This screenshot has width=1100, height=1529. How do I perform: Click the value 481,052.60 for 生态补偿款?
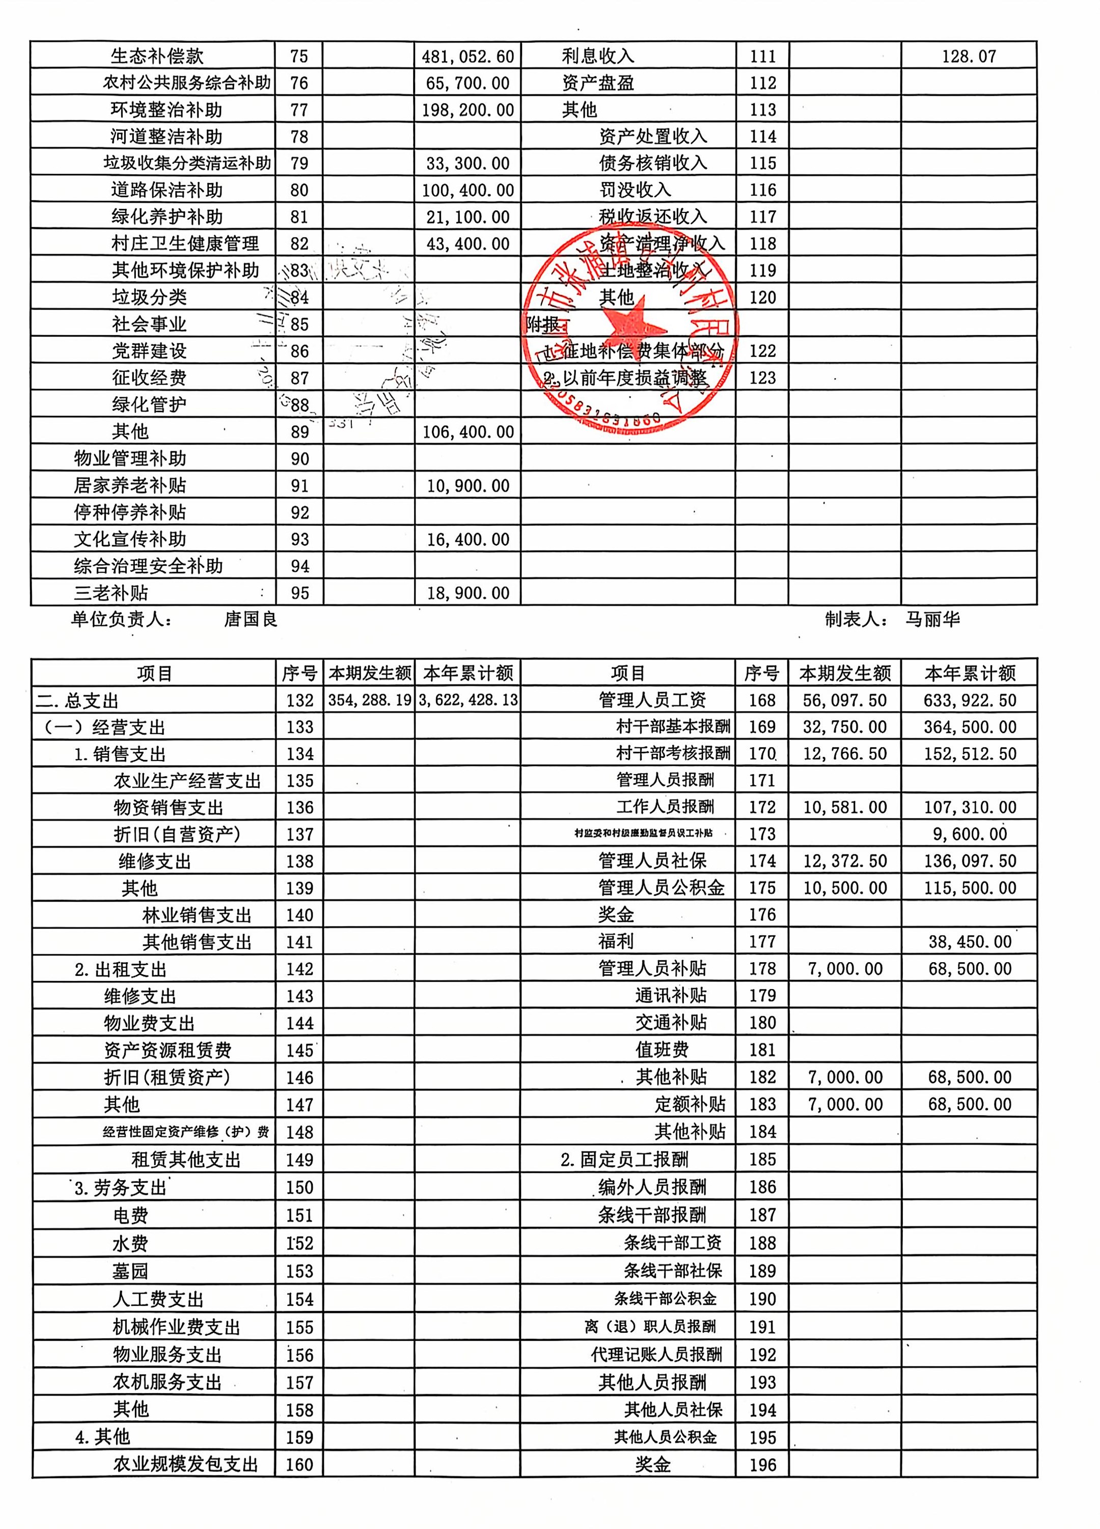click(x=468, y=57)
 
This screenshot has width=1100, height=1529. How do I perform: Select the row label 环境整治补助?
click(x=167, y=110)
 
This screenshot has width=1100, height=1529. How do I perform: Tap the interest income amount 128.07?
click(x=969, y=57)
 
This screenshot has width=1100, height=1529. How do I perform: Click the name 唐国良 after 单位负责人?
click(x=251, y=619)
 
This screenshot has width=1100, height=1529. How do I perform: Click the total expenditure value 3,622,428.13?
click(x=468, y=700)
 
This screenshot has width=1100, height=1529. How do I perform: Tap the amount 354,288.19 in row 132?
click(x=369, y=700)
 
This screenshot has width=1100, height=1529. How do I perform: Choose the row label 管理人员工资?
click(x=652, y=700)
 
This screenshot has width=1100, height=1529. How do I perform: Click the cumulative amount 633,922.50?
click(x=969, y=700)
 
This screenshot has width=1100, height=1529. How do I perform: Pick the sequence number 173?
click(x=762, y=834)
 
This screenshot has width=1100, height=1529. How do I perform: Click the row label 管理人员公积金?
click(x=661, y=888)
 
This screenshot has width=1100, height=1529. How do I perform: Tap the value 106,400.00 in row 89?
click(x=468, y=432)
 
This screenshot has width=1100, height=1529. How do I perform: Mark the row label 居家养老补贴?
click(x=130, y=485)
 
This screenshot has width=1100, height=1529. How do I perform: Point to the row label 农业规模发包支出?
click(x=186, y=1464)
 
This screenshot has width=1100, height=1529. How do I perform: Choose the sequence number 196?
click(x=762, y=1464)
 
